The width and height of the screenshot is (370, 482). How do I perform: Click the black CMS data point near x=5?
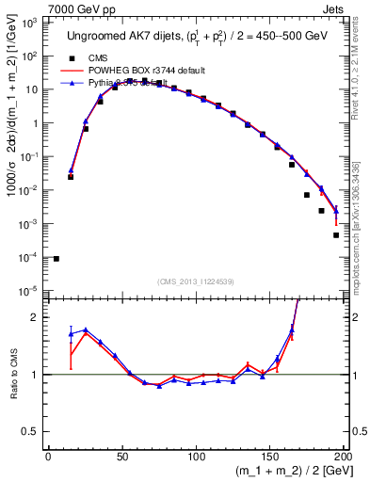coord(56,259)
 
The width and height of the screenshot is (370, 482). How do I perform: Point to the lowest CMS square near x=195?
coord(336,235)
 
